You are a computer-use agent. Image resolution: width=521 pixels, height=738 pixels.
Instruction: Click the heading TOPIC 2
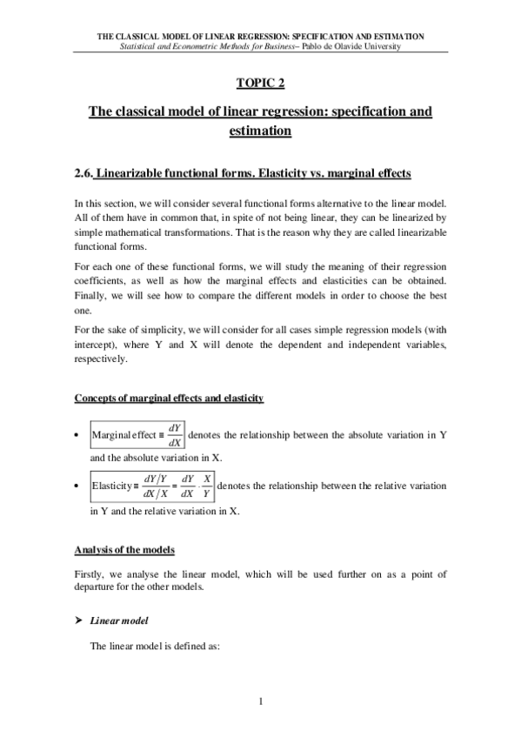pyautogui.click(x=260, y=83)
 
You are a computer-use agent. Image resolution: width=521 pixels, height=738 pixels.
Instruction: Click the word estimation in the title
pyautogui.click(x=260, y=131)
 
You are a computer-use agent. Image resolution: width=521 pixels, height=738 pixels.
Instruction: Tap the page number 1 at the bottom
pyautogui.click(x=260, y=701)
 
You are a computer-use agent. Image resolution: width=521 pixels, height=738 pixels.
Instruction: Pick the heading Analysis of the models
pyautogui.click(x=124, y=551)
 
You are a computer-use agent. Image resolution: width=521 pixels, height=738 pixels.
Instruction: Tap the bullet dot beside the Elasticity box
pyautogui.click(x=78, y=486)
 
